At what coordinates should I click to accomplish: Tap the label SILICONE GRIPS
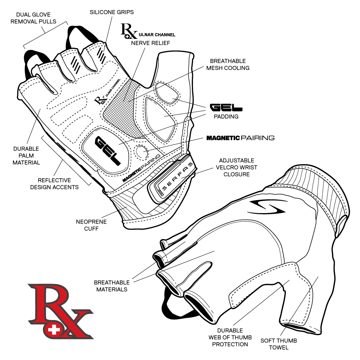[112, 12]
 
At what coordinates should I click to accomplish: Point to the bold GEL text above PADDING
[226, 108]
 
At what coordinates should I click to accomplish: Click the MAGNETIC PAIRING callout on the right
[240, 138]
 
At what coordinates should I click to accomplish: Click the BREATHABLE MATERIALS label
[111, 286]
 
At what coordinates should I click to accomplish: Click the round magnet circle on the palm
[140, 152]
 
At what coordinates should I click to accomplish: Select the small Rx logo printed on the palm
[100, 99]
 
